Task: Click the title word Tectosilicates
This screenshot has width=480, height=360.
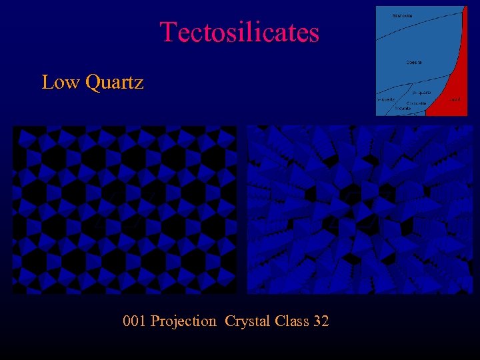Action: (x=239, y=32)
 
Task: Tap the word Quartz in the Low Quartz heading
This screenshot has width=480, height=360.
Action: (x=115, y=83)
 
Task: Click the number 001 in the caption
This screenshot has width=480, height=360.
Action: (x=135, y=321)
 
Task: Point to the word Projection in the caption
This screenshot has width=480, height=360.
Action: (x=183, y=321)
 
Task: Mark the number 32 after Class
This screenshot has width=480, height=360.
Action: (x=320, y=321)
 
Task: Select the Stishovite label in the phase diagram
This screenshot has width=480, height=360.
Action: (x=402, y=15)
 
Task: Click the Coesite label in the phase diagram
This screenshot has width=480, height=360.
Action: (x=414, y=62)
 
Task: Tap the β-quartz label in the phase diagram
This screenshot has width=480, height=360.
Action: (x=421, y=92)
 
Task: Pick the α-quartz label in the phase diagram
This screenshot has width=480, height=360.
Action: (x=386, y=99)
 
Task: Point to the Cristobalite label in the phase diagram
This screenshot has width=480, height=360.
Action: (x=417, y=103)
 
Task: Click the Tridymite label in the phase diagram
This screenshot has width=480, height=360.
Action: (x=403, y=109)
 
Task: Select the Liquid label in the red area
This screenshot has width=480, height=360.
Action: (x=455, y=99)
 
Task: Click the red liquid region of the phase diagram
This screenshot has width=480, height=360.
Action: (x=450, y=87)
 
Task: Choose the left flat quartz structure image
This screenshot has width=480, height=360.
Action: (x=125, y=209)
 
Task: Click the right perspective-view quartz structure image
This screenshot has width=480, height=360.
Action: (x=359, y=209)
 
